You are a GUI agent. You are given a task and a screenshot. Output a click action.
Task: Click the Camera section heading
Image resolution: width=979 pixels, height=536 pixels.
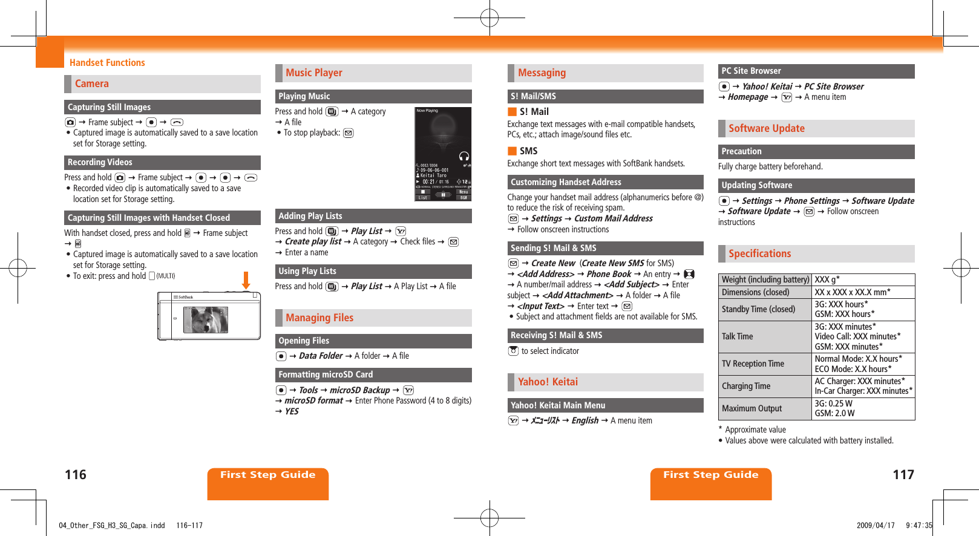point(92,84)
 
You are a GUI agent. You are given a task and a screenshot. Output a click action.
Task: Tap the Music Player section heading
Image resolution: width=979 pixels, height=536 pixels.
point(314,73)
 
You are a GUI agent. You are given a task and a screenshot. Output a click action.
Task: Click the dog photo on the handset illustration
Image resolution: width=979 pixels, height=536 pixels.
point(206,319)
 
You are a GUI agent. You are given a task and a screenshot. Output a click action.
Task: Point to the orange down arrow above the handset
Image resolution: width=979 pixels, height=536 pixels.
point(246,281)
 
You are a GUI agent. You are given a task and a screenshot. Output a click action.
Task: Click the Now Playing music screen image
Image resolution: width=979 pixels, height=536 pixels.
point(443,154)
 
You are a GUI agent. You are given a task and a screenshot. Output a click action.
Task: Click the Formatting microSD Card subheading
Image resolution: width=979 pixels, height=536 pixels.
point(326,374)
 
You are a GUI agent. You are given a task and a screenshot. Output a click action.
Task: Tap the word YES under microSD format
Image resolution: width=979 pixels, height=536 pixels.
point(292,411)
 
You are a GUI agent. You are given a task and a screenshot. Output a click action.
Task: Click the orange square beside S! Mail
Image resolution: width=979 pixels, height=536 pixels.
point(512,111)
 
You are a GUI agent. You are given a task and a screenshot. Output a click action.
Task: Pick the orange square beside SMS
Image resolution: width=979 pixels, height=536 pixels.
point(512,151)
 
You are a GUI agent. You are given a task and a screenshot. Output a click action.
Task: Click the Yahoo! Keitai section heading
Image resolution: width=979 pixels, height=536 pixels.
point(548,382)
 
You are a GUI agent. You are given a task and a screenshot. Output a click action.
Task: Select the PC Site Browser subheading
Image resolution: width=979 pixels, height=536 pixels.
point(751,71)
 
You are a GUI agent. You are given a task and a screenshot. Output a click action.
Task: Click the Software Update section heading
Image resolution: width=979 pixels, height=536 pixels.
point(766,128)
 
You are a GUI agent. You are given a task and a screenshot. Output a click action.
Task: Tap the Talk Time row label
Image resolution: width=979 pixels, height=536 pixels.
point(737,336)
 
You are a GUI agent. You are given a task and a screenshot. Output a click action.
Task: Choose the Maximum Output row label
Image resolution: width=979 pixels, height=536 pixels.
point(751,408)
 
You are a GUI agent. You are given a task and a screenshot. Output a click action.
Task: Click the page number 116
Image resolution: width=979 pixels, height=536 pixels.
point(76,475)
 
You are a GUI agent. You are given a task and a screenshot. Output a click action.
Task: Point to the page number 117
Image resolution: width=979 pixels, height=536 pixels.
point(903,475)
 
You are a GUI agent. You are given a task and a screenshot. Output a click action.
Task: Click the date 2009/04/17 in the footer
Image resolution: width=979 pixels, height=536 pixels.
point(875,525)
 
